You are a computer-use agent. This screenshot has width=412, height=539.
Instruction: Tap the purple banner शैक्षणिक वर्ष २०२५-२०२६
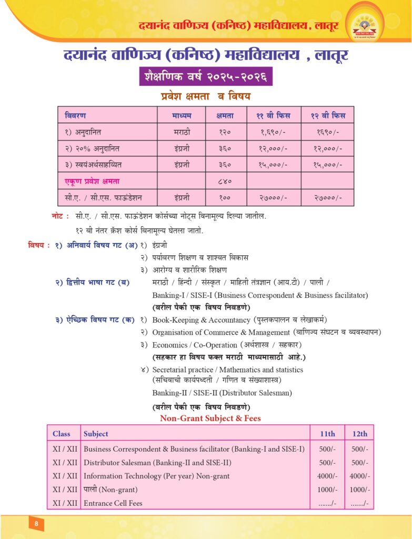[206, 76]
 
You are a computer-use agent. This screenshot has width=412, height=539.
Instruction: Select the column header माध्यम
[182, 115]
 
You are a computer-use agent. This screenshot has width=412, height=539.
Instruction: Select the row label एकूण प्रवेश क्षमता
[92, 181]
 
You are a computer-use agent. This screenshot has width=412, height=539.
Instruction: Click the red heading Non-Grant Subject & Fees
[210, 418]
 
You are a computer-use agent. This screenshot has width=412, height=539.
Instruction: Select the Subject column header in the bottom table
[96, 434]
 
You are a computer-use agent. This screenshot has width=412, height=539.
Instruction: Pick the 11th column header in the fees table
[327, 434]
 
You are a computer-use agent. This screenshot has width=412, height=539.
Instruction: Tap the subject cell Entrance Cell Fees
[113, 503]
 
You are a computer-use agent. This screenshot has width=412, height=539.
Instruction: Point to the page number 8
[36, 524]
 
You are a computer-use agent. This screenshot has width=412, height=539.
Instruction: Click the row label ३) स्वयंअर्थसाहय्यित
[98, 165]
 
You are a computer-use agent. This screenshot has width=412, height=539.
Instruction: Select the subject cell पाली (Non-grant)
[109, 490]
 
